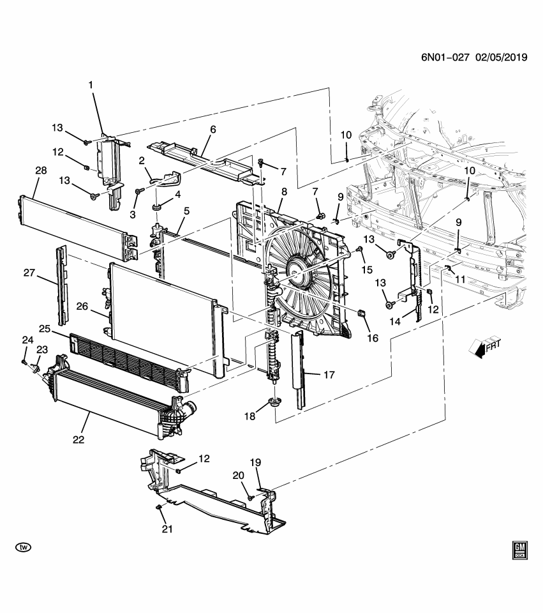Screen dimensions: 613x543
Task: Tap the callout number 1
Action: click(91, 84)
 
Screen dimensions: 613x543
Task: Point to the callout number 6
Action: click(212, 130)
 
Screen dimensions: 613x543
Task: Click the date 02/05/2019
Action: click(500, 57)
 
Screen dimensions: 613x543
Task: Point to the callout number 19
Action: click(255, 462)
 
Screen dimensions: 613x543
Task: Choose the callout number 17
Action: click(329, 375)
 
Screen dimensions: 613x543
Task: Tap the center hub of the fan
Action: click(295, 273)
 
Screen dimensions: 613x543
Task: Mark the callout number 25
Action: click(43, 328)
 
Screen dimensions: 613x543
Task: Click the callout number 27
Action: click(29, 273)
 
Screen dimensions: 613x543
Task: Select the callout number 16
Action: click(371, 338)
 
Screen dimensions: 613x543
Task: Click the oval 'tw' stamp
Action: click(24, 547)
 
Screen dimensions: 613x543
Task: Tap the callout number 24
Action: click(27, 339)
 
